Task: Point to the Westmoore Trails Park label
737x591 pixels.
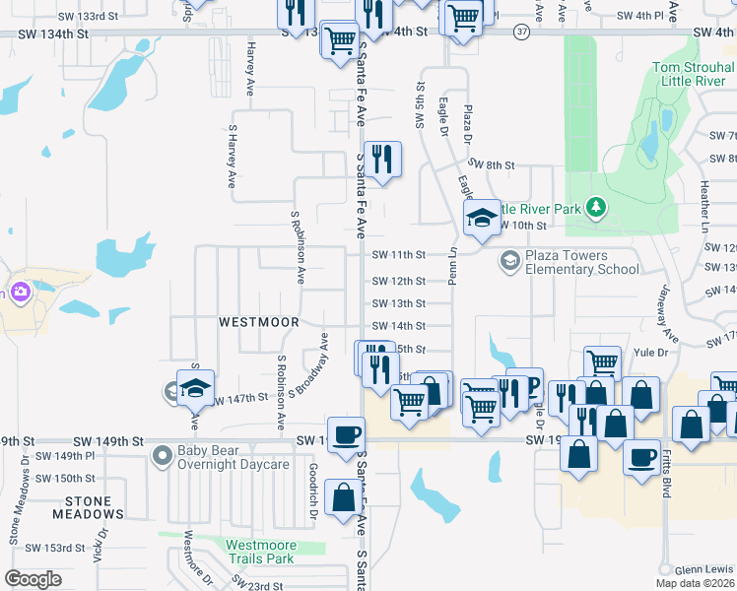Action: coord(259,551)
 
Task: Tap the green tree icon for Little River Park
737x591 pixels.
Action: coord(595,207)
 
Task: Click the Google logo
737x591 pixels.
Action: coord(33,579)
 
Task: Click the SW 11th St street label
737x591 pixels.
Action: coord(399,255)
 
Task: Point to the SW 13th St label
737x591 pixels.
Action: coord(399,304)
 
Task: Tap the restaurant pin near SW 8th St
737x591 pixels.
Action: coord(380,159)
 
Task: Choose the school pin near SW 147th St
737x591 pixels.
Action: coord(195,388)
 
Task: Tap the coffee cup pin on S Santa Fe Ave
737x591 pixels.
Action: coord(346,434)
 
